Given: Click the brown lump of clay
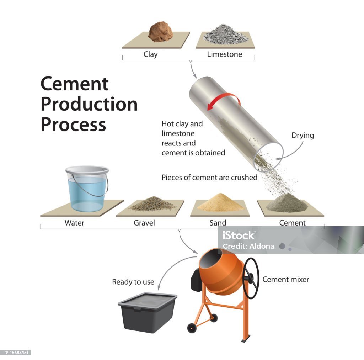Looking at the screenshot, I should (161, 32).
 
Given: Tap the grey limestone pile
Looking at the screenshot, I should (225, 35).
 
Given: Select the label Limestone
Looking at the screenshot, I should (225, 54).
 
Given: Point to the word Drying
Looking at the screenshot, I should (303, 136).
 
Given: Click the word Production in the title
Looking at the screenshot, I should (89, 104).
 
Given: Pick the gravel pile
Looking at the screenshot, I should (152, 204).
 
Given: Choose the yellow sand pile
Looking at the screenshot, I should (220, 203).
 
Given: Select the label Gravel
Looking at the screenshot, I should (144, 223).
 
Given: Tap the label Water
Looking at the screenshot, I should (74, 223).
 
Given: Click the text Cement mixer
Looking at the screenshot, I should (286, 280).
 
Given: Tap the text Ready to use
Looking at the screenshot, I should (133, 282).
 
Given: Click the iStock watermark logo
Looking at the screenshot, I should (238, 235).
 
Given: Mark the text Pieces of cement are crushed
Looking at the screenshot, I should (209, 177).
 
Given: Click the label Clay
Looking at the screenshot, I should (150, 54).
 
